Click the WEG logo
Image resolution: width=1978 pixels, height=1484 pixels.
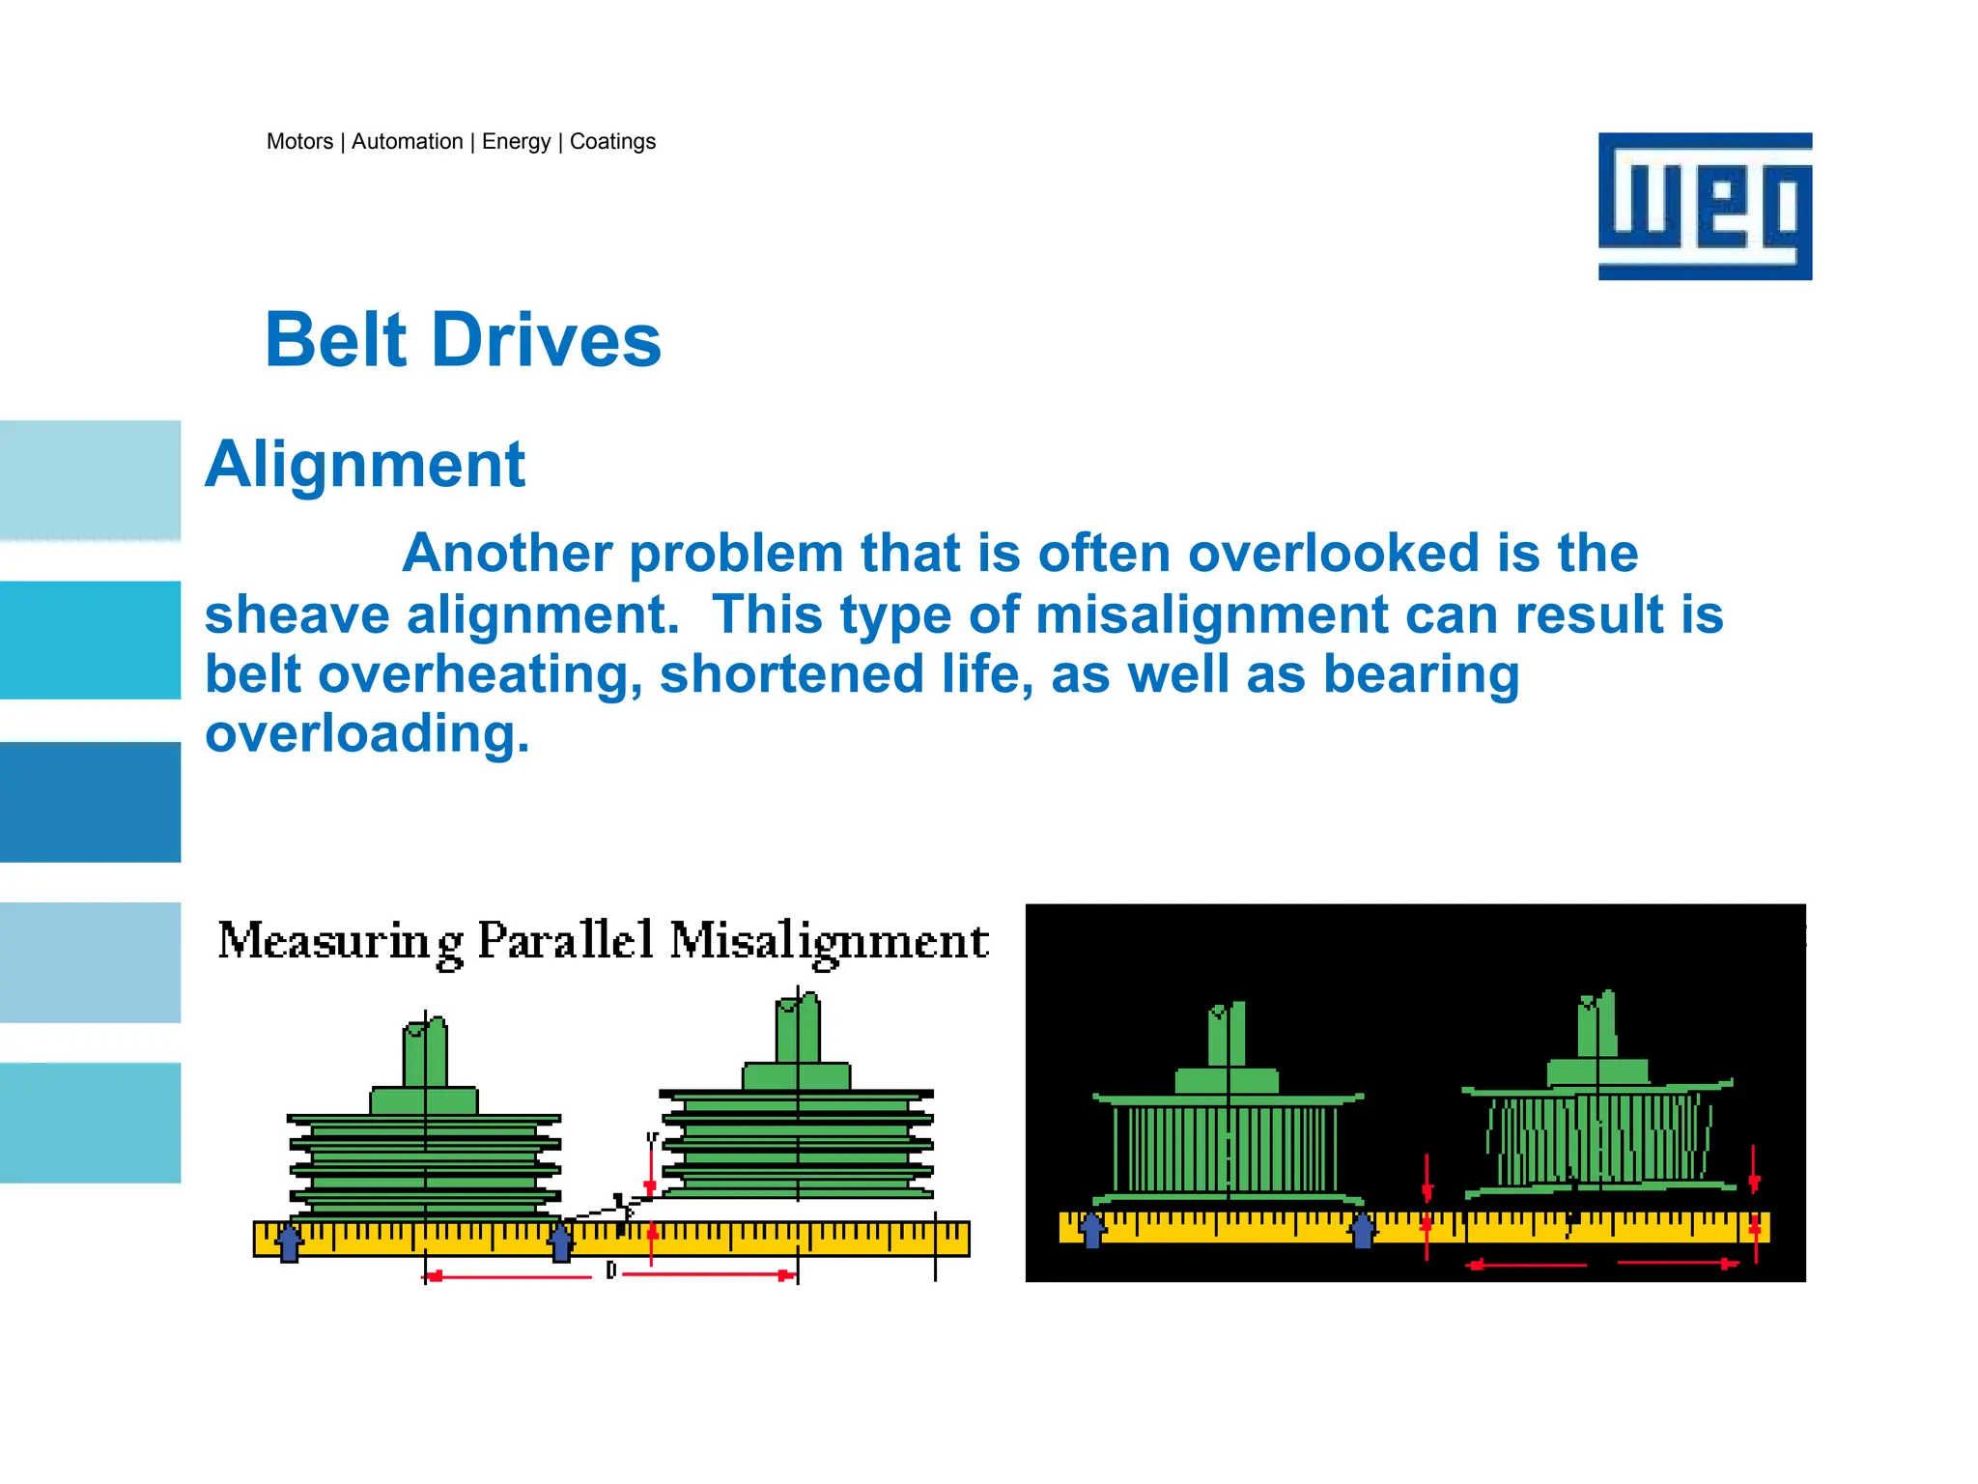(1705, 206)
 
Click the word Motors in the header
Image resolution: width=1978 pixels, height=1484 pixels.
(299, 142)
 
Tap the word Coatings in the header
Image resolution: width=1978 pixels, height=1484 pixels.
(612, 142)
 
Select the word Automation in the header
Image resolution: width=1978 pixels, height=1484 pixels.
(407, 142)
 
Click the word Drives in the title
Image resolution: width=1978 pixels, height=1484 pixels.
(546, 340)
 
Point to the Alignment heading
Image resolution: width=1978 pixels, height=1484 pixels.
(365, 465)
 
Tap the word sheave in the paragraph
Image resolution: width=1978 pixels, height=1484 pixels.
(297, 615)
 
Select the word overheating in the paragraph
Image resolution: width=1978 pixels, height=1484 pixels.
(480, 674)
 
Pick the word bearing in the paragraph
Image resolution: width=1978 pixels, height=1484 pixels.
(1421, 674)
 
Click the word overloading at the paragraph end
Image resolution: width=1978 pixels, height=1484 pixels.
(367, 734)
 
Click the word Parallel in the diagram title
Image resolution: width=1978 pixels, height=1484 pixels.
(566, 940)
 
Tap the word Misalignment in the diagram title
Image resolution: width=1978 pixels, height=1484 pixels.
(829, 942)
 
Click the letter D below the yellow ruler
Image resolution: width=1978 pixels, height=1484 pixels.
(610, 1270)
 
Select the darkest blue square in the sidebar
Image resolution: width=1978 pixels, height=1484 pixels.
(90, 802)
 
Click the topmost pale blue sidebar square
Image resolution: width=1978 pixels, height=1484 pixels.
(90, 480)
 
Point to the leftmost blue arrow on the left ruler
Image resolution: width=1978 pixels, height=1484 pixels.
(289, 1241)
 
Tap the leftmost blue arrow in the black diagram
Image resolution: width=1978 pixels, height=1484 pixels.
(1091, 1230)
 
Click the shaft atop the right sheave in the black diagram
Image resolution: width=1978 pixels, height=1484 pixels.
(1597, 1025)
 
